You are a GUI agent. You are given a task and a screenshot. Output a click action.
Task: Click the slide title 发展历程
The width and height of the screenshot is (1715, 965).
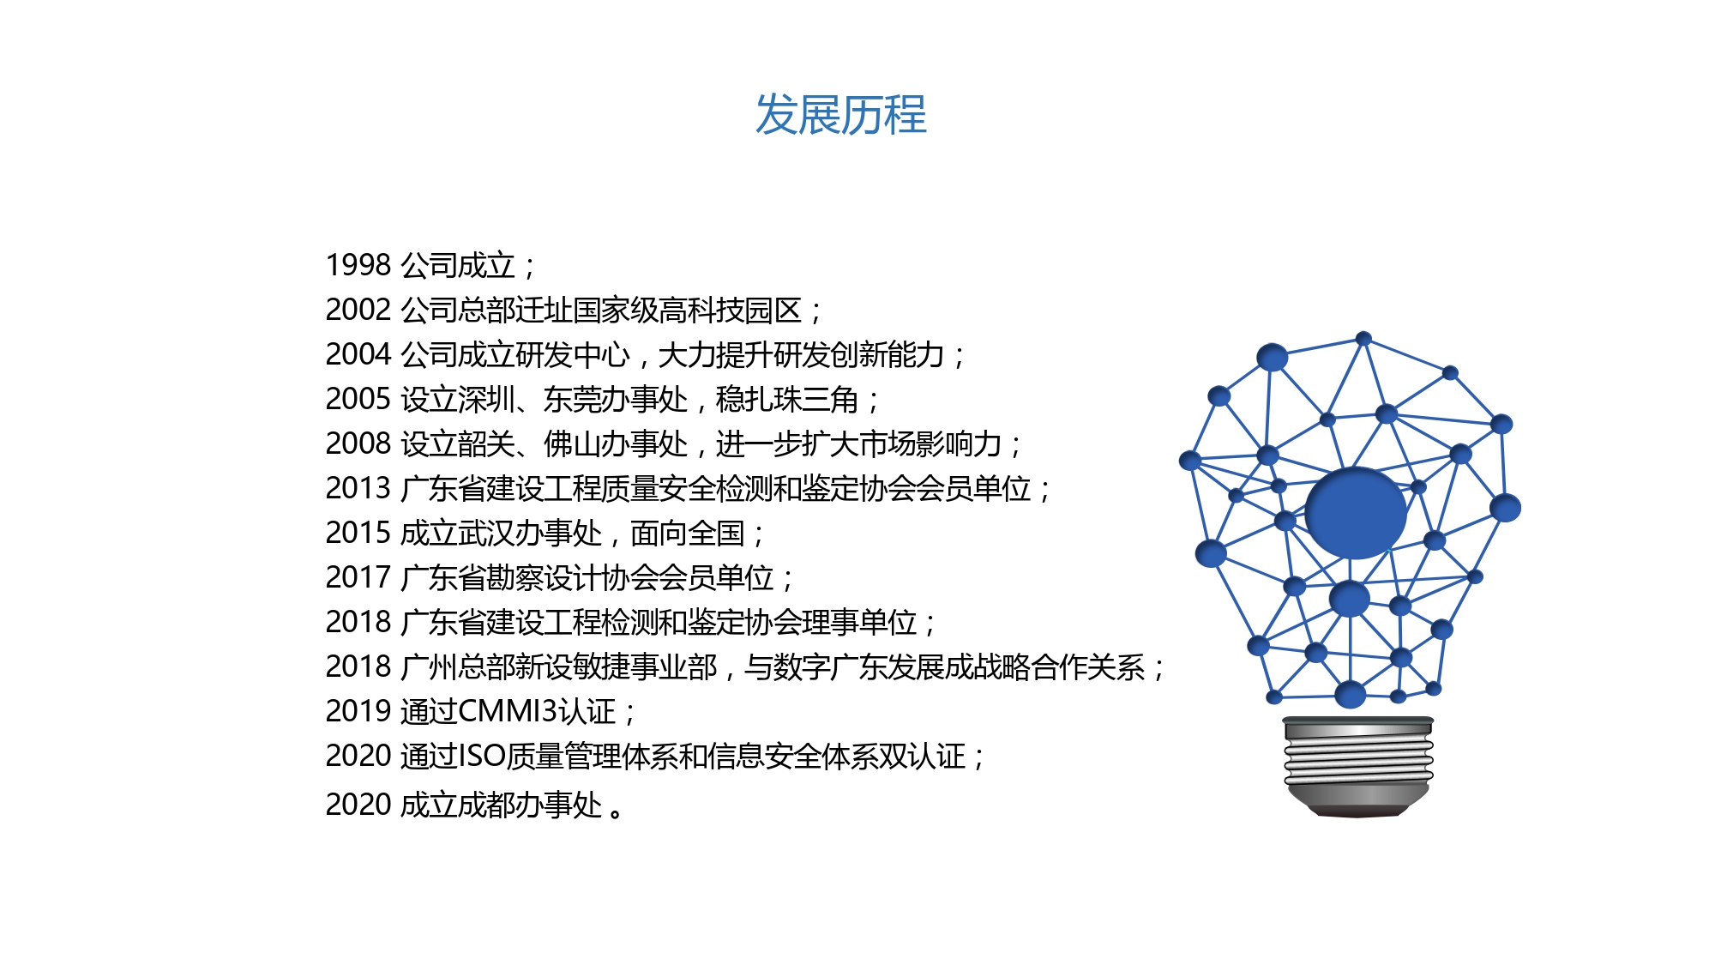pyautogui.click(x=840, y=115)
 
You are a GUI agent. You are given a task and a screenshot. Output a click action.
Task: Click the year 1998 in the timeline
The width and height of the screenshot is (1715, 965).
pyautogui.click(x=358, y=265)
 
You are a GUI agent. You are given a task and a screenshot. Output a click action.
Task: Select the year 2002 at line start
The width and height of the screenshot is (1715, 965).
pyautogui.click(x=358, y=310)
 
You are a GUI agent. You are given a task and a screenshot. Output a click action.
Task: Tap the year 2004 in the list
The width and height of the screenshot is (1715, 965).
pyautogui.click(x=358, y=354)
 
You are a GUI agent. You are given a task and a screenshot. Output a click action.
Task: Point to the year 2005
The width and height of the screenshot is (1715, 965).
pyautogui.click(x=358, y=399)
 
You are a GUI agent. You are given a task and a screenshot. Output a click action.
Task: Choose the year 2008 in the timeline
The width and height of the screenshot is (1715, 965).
pyautogui.click(x=358, y=443)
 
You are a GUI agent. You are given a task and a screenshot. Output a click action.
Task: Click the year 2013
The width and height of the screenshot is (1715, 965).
pyautogui.click(x=358, y=488)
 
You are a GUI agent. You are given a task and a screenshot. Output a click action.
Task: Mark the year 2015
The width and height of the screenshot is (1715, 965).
pyautogui.click(x=358, y=533)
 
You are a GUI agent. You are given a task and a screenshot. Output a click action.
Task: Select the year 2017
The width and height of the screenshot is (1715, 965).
pyautogui.click(x=358, y=577)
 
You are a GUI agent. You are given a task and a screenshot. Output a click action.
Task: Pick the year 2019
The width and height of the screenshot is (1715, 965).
pyautogui.click(x=358, y=711)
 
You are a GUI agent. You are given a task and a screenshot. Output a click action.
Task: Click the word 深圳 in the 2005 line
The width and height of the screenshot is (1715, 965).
pyautogui.click(x=486, y=399)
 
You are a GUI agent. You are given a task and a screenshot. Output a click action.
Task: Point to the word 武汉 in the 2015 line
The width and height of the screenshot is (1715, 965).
pyautogui.click(x=486, y=533)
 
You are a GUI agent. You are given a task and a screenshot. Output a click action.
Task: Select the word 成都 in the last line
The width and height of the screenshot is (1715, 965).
pyautogui.click(x=486, y=805)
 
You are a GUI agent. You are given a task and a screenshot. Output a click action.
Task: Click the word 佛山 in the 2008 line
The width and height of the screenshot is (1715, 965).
pyautogui.click(x=572, y=443)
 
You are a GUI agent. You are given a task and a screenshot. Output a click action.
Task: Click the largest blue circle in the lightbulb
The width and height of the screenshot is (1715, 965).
pyautogui.click(x=1355, y=513)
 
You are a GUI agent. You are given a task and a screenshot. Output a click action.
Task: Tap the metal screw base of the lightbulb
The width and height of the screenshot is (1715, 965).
pyautogui.click(x=1358, y=766)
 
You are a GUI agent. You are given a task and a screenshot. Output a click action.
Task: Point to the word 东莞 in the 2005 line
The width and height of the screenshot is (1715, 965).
pyautogui.click(x=572, y=399)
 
